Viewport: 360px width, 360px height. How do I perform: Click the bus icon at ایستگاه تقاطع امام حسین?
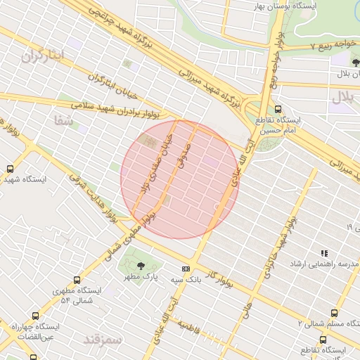tap(278, 109)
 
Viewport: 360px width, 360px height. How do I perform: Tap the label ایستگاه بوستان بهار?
tap(317, 6)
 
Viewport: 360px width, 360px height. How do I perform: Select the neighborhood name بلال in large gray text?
tap(345, 98)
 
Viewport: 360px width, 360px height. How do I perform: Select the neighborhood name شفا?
tap(63, 120)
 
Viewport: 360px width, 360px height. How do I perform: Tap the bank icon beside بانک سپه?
tap(186, 269)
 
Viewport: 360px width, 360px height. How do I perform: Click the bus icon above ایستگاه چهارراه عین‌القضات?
tap(36, 316)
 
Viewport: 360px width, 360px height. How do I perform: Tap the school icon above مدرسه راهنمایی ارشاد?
tap(324, 253)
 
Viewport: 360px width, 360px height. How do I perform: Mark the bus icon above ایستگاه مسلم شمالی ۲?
tap(333, 312)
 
